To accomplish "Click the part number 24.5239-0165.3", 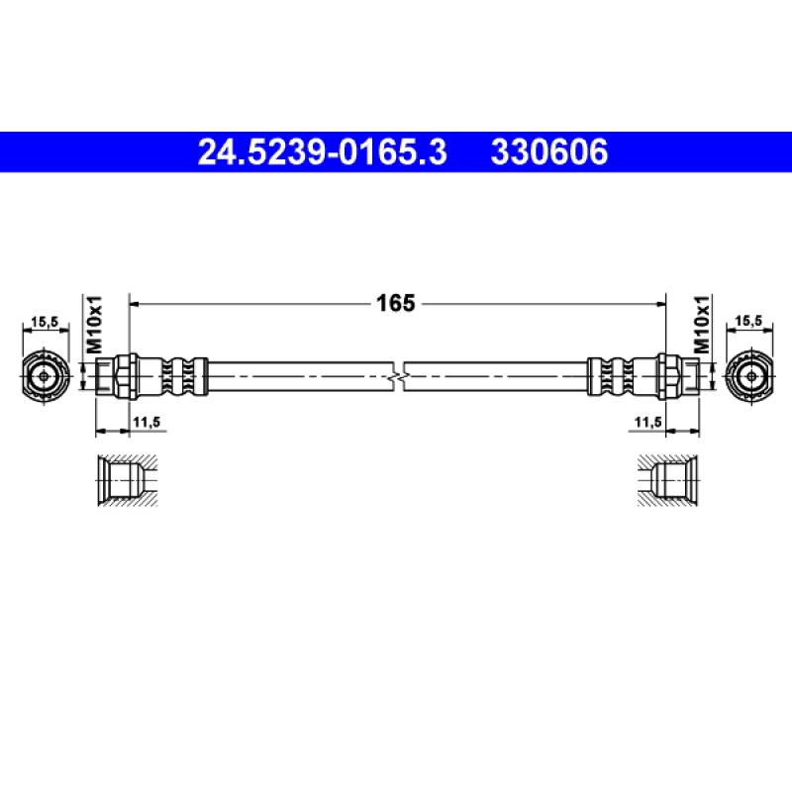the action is (x=323, y=152).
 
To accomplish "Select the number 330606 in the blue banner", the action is (x=549, y=152).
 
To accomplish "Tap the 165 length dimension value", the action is (x=395, y=303).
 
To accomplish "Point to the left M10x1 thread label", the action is (x=94, y=325).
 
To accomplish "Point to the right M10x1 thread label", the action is (x=702, y=325).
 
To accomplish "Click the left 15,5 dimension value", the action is (x=45, y=321).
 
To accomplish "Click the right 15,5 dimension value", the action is (x=748, y=321).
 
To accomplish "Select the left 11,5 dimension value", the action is (x=147, y=422).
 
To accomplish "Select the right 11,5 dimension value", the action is (x=648, y=422).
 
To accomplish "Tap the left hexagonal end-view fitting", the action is (x=45, y=376).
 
